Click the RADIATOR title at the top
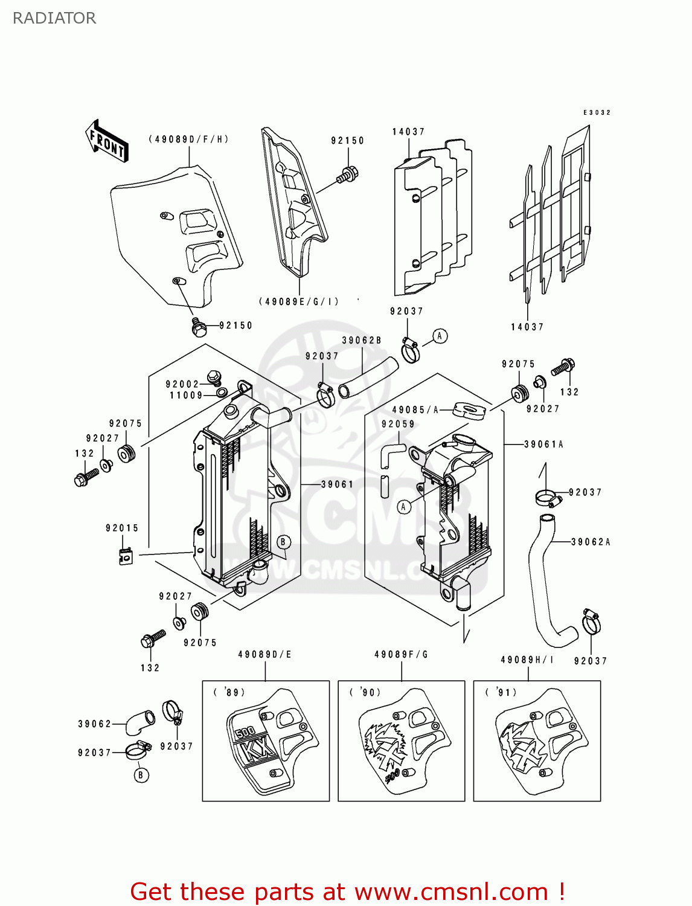coord(54,18)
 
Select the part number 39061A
coord(543,445)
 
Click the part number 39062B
coord(362,341)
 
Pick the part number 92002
coord(182,384)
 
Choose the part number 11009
coord(186,396)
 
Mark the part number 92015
coord(122,528)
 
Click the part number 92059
coord(398,424)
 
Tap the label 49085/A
coord(415,410)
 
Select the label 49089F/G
coord(401,655)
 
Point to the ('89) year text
coord(229,692)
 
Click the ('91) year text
coord(501,692)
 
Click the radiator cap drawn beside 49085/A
coord(469,411)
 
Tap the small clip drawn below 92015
coord(125,557)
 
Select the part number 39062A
coord(591,542)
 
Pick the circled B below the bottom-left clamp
coord(141,775)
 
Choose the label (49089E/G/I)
coord(299,301)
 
